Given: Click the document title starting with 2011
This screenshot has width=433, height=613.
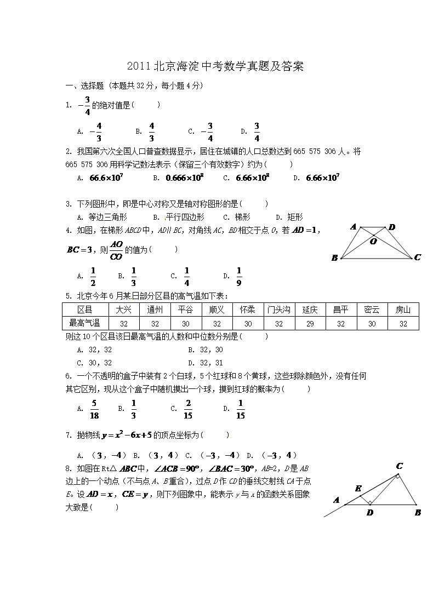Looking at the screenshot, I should [215, 67].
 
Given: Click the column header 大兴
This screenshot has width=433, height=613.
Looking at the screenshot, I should [124, 310].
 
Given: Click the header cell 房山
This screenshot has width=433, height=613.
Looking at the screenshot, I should [403, 310].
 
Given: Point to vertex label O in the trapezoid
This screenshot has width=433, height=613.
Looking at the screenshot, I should [373, 241].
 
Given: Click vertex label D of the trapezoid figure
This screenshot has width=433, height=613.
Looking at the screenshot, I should [392, 227].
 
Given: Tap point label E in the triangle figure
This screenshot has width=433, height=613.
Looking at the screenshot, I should [358, 488].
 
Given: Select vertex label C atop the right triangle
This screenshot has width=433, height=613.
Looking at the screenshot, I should [400, 466].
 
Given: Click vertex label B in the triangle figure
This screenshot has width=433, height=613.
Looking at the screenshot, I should [418, 513].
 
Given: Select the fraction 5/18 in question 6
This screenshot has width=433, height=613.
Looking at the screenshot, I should [94, 409].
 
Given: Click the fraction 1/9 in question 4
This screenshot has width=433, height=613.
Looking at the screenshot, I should [239, 277].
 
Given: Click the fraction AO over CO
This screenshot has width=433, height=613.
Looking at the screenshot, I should [116, 250].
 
